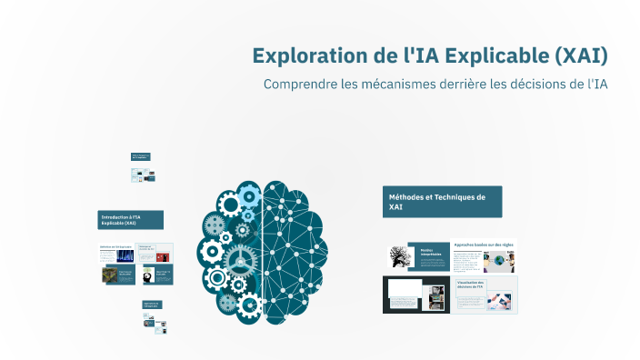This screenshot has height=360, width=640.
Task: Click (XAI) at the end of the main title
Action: click(x=580, y=55)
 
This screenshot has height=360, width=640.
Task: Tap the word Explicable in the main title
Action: click(x=491, y=55)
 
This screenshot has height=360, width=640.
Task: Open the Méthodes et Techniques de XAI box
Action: click(x=442, y=202)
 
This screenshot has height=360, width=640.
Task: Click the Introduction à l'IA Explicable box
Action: click(x=130, y=220)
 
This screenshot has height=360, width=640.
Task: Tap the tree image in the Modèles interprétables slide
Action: click(x=401, y=257)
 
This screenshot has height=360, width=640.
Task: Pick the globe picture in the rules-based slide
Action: click(x=498, y=262)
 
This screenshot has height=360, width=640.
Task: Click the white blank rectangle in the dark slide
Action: click(x=405, y=290)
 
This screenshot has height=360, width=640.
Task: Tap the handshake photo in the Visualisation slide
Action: click(x=499, y=301)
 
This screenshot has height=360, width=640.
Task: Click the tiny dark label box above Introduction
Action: click(x=140, y=156)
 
